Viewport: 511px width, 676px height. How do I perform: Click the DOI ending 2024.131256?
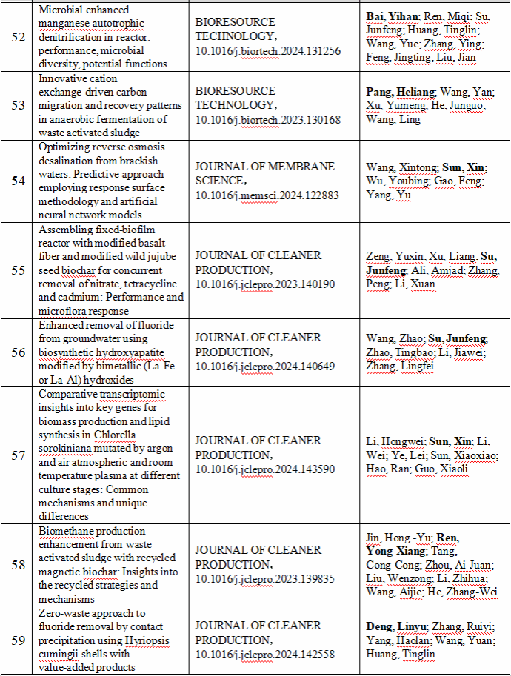point(269,50)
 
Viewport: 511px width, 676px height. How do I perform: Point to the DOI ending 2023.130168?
point(269,119)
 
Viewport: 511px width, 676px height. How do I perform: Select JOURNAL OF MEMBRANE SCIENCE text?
point(265,173)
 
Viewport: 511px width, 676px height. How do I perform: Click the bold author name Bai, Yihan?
point(392,16)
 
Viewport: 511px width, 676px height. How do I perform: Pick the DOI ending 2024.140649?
point(269,365)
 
